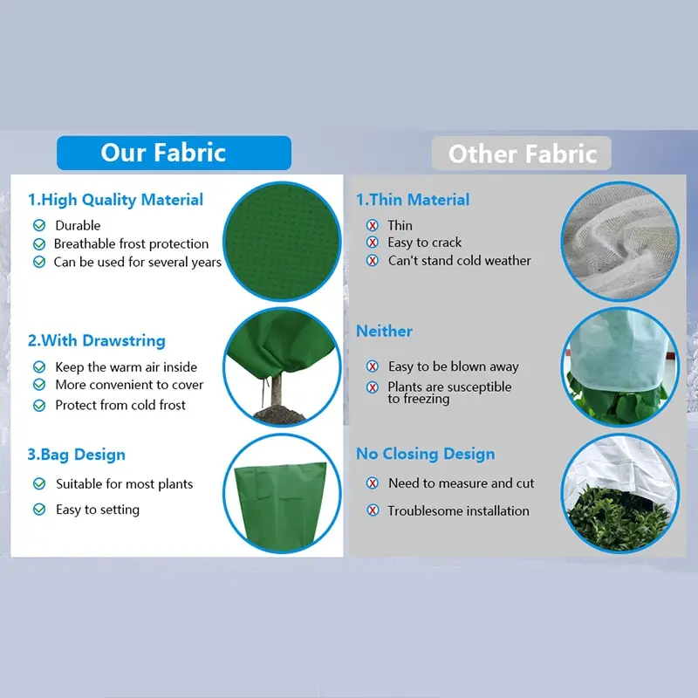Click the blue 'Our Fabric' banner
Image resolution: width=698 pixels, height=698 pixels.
point(174,153)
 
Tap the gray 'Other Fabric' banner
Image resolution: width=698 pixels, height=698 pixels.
point(521,154)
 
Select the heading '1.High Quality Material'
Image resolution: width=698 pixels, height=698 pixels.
point(115,200)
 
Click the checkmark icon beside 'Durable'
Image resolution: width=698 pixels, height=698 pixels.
point(39,225)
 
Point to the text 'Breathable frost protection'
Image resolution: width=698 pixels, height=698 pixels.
point(132,243)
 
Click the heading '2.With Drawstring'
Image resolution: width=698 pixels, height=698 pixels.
point(97,340)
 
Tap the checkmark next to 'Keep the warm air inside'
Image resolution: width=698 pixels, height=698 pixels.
point(39,366)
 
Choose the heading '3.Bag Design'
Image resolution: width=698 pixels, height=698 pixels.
point(77,455)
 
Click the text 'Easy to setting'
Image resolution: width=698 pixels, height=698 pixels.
point(98,510)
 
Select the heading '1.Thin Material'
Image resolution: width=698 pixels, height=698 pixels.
point(413,200)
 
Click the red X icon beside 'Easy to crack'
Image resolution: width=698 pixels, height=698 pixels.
point(373,243)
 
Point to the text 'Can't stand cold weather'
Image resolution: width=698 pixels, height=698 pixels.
point(460,260)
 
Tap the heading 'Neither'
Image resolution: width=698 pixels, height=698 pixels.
point(384,332)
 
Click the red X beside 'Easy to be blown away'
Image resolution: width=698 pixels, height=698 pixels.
point(373,366)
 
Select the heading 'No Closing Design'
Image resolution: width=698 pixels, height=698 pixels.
point(426,454)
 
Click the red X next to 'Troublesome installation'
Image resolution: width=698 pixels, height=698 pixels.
point(373,510)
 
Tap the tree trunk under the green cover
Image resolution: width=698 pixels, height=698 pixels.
point(276,389)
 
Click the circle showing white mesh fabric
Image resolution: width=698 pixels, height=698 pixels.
point(620,242)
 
